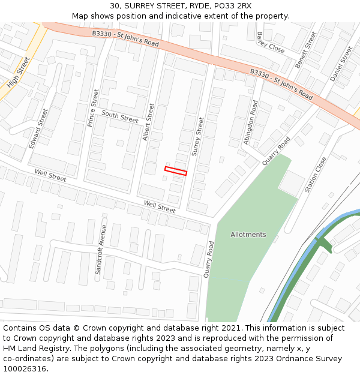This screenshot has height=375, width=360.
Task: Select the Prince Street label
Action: pos(94,106)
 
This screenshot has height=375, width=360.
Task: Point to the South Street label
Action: pos(120,116)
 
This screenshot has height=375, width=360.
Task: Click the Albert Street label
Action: pos(149,122)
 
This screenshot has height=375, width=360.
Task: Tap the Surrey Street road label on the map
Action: pos(197,137)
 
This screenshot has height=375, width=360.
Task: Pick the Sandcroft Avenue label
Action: pos(100,250)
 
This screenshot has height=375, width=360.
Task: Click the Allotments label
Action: pos(248,235)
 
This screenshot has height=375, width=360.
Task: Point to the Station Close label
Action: pos(316,175)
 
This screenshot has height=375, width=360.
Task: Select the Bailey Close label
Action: pos(271,43)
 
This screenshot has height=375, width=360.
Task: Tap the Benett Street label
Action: pos(305,50)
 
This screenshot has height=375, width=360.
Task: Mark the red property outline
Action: pos(176,171)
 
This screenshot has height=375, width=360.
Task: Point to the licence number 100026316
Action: pos(26,369)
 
